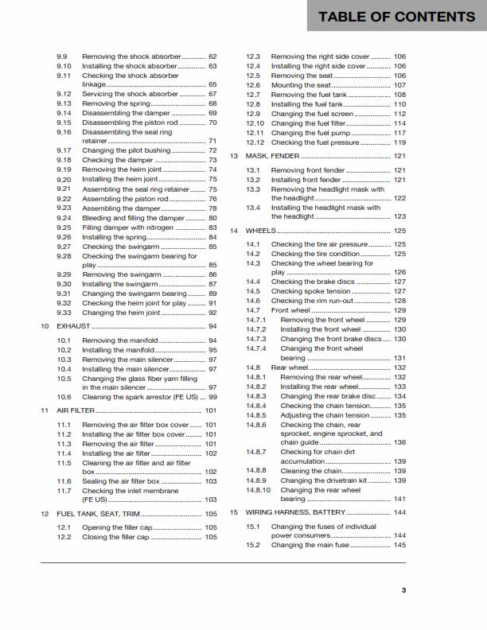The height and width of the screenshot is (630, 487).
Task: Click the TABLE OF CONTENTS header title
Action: point(396,17)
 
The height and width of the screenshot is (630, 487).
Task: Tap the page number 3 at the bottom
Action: point(403,589)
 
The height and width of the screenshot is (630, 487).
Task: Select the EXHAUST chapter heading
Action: point(74,326)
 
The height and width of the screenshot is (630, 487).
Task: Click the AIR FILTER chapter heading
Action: point(76,410)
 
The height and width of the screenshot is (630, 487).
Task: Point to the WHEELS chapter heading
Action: point(261,230)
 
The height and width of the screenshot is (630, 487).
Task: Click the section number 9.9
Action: point(63,57)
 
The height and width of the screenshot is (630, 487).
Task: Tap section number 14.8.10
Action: point(259,490)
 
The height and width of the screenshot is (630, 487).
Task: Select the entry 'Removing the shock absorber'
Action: point(132,57)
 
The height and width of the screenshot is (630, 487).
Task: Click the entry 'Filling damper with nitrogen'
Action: point(133,227)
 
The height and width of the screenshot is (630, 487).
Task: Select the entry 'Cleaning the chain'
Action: point(311,471)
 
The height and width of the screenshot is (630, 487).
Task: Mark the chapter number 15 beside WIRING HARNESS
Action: point(234,512)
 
